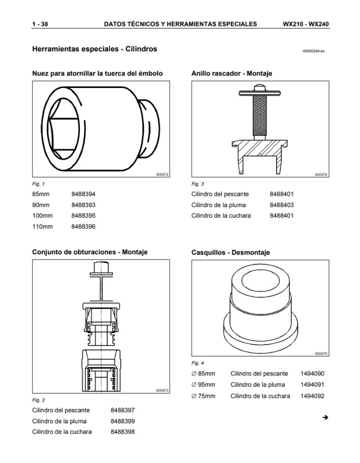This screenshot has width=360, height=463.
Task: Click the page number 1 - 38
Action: point(40,24)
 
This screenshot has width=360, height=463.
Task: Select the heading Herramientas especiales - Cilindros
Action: point(95,49)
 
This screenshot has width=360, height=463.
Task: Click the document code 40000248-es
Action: point(313,51)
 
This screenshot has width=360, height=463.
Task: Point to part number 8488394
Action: point(83,194)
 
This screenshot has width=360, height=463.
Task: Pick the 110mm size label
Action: point(42,226)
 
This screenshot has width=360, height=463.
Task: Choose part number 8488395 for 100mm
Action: point(83,216)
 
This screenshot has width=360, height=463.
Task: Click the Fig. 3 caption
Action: point(198,184)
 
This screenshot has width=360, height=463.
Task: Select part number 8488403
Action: point(282,205)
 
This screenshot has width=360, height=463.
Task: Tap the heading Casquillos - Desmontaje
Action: point(230,252)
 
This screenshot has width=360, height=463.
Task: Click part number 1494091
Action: point(312,385)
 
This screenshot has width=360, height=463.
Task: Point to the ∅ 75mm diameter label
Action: point(203,396)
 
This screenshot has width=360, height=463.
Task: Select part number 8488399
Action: point(123,421)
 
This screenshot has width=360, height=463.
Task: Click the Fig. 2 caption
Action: point(39,400)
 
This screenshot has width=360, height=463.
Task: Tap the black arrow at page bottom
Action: point(325,418)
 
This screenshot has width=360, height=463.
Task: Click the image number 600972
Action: point(162,175)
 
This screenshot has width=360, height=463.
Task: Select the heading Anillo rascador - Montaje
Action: point(231,73)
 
